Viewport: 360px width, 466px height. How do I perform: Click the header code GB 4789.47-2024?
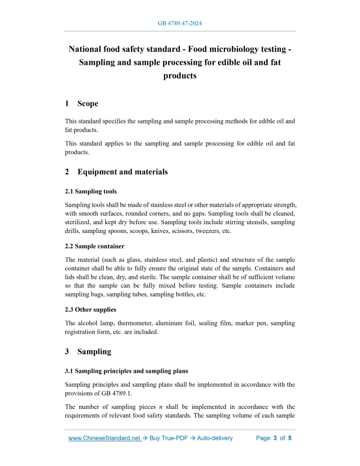180,24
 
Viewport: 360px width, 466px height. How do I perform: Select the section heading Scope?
87,103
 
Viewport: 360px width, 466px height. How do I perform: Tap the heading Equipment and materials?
122,172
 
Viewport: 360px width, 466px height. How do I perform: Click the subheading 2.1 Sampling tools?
91,191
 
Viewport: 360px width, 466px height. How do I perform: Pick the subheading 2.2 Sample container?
95,246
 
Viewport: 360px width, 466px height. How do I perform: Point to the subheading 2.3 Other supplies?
91,310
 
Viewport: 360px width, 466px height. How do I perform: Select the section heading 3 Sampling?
88,352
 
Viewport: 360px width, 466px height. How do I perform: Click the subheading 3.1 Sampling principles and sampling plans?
127,371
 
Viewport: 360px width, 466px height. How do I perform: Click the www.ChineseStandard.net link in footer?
104,438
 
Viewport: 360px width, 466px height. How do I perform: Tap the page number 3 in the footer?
275,438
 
